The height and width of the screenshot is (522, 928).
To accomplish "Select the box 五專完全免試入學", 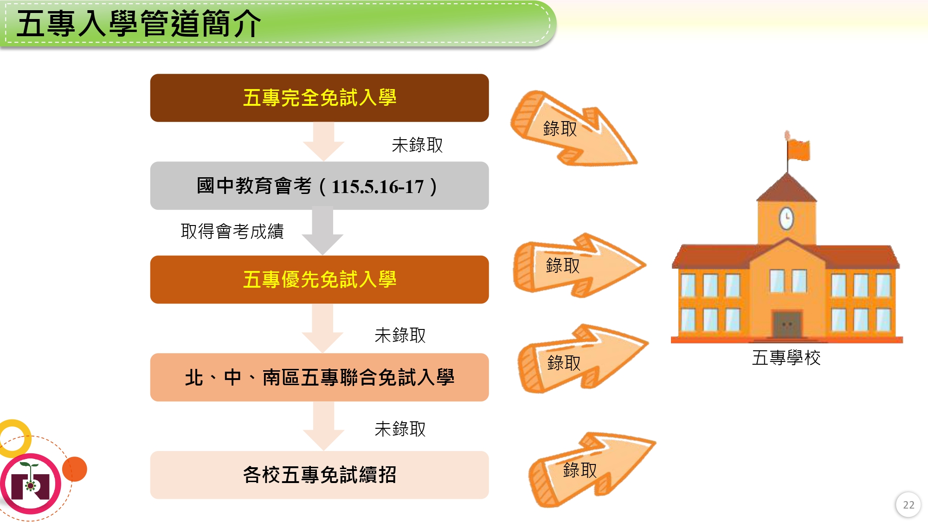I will click(319, 98).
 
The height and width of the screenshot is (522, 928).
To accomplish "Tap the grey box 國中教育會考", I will click(319, 186).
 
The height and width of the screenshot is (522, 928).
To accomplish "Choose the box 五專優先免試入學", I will click(319, 280).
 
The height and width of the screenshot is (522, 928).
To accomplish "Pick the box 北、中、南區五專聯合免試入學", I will click(319, 377).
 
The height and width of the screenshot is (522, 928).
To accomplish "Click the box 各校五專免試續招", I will click(319, 475).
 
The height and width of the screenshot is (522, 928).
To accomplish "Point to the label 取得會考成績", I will click(232, 231).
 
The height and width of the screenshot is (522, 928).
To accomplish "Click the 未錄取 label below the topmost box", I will click(417, 145).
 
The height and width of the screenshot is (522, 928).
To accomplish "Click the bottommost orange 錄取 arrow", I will click(589, 469).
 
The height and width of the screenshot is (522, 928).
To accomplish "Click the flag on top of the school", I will click(798, 149).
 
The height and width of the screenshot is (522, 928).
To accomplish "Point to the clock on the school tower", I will click(786, 218).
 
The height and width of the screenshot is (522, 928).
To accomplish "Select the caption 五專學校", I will click(786, 358).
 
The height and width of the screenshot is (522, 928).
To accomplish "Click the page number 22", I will click(908, 505).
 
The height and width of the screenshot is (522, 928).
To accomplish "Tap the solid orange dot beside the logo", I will click(75, 469).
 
